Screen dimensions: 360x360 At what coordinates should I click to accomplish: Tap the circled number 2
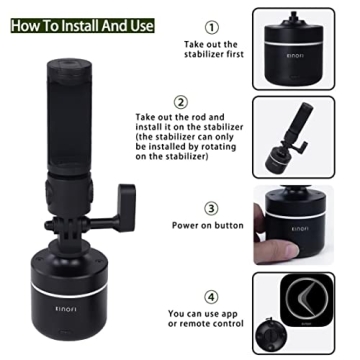(210, 102)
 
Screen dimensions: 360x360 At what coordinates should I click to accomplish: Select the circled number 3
(211, 208)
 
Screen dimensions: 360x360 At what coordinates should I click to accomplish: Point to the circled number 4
(211, 297)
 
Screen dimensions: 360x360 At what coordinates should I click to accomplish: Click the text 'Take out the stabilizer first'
(212, 52)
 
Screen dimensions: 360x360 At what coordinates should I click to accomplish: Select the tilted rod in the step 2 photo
(300, 125)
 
